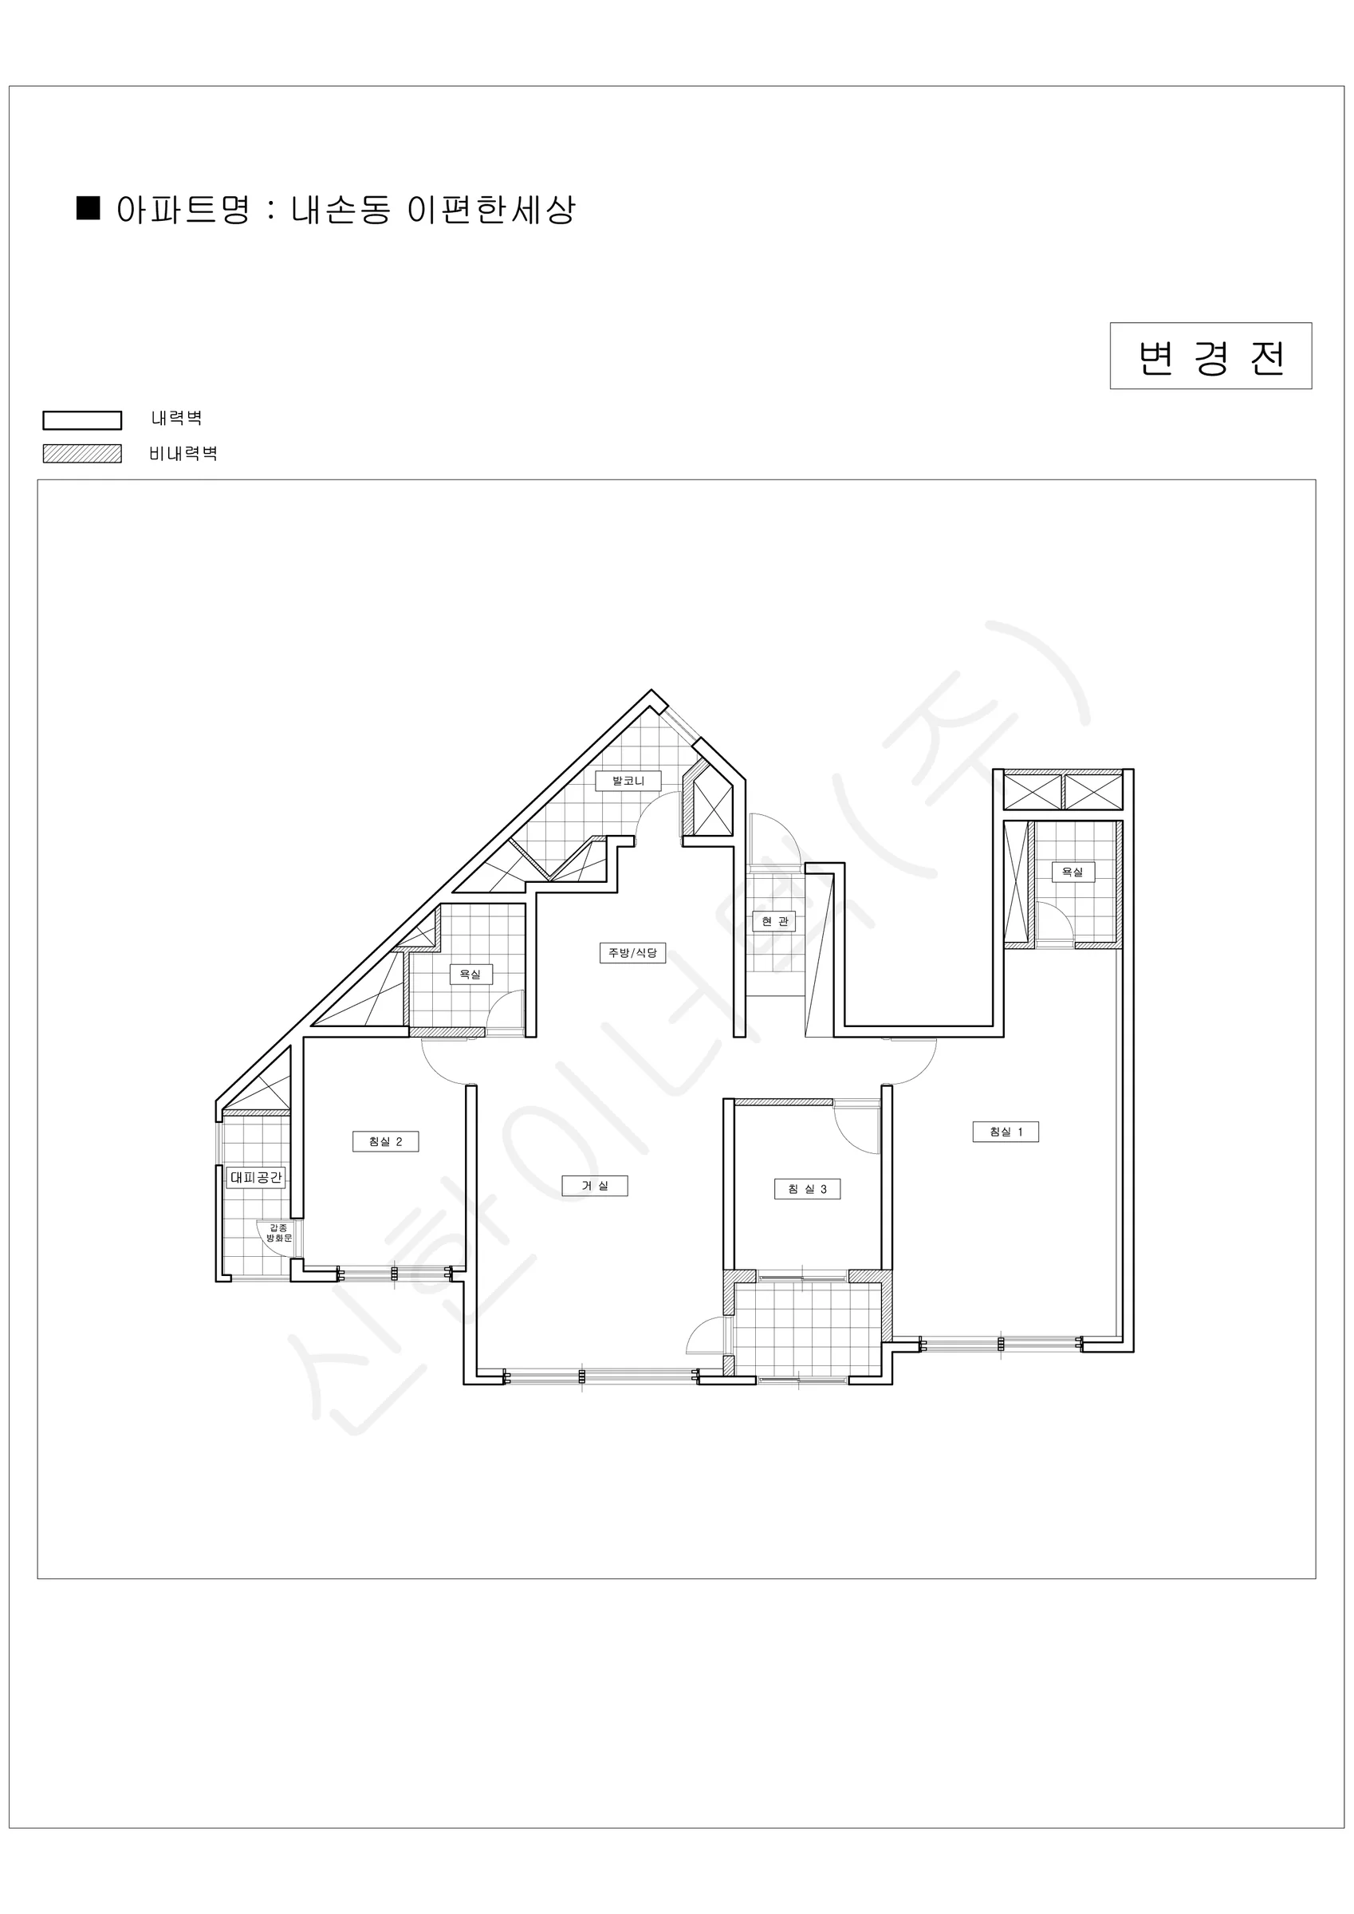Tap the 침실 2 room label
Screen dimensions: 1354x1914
[385, 1141]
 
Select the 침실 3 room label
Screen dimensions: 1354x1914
[807, 1189]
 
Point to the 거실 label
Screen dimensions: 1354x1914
[594, 1185]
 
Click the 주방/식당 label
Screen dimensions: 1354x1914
[633, 952]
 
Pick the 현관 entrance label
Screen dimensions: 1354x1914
[774, 921]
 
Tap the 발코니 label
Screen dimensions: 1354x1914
[628, 780]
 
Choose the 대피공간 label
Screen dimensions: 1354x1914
[256, 1177]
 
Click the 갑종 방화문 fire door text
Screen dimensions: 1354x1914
[278, 1233]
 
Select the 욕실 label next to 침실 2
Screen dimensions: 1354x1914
[470, 974]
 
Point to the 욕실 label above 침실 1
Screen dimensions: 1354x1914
[1073, 872]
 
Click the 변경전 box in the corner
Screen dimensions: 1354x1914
[1210, 356]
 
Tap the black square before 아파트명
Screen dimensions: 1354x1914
[89, 208]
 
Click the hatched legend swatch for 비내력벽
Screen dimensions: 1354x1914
[81, 454]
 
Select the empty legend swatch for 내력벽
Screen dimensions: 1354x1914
[81, 420]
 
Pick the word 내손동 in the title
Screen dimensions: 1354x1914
[340, 209]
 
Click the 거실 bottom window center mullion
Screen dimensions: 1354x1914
[582, 1376]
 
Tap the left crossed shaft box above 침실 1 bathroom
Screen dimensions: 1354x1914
[1032, 792]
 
